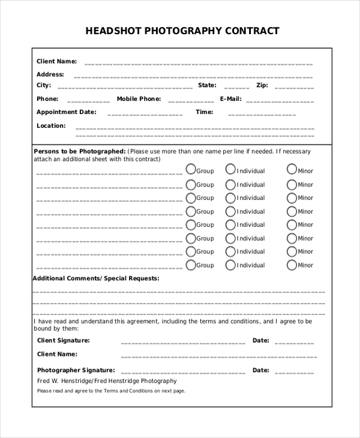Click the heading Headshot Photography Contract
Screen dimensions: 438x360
pyautogui.click(x=182, y=31)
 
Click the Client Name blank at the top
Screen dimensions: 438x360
pyautogui.click(x=198, y=64)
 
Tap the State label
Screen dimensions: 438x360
pyautogui.click(x=207, y=85)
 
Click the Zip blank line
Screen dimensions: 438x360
pyautogui.click(x=294, y=88)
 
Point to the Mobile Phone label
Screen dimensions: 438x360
pyautogui.click(x=139, y=99)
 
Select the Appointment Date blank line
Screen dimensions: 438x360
pyautogui.click(x=145, y=114)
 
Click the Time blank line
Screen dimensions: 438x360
pyautogui.click(x=262, y=114)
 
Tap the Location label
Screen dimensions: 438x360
pyautogui.click(x=51, y=126)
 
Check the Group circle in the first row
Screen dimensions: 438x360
pyautogui.click(x=191, y=169)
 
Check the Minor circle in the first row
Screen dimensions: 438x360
pyautogui.click(x=292, y=169)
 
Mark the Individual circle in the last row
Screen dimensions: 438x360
pyautogui.click(x=230, y=264)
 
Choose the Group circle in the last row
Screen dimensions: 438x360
pyautogui.click(x=191, y=264)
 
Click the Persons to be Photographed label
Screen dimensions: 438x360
pyautogui.click(x=79, y=151)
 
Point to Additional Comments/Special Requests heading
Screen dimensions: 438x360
pyautogui.click(x=95, y=278)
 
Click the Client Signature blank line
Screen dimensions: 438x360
pyautogui.click(x=183, y=343)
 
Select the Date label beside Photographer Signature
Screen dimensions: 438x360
pyautogui.click(x=260, y=370)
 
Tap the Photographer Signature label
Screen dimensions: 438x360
pyautogui.click(x=76, y=370)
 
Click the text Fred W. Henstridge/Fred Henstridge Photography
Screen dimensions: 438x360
pyautogui.click(x=107, y=381)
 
